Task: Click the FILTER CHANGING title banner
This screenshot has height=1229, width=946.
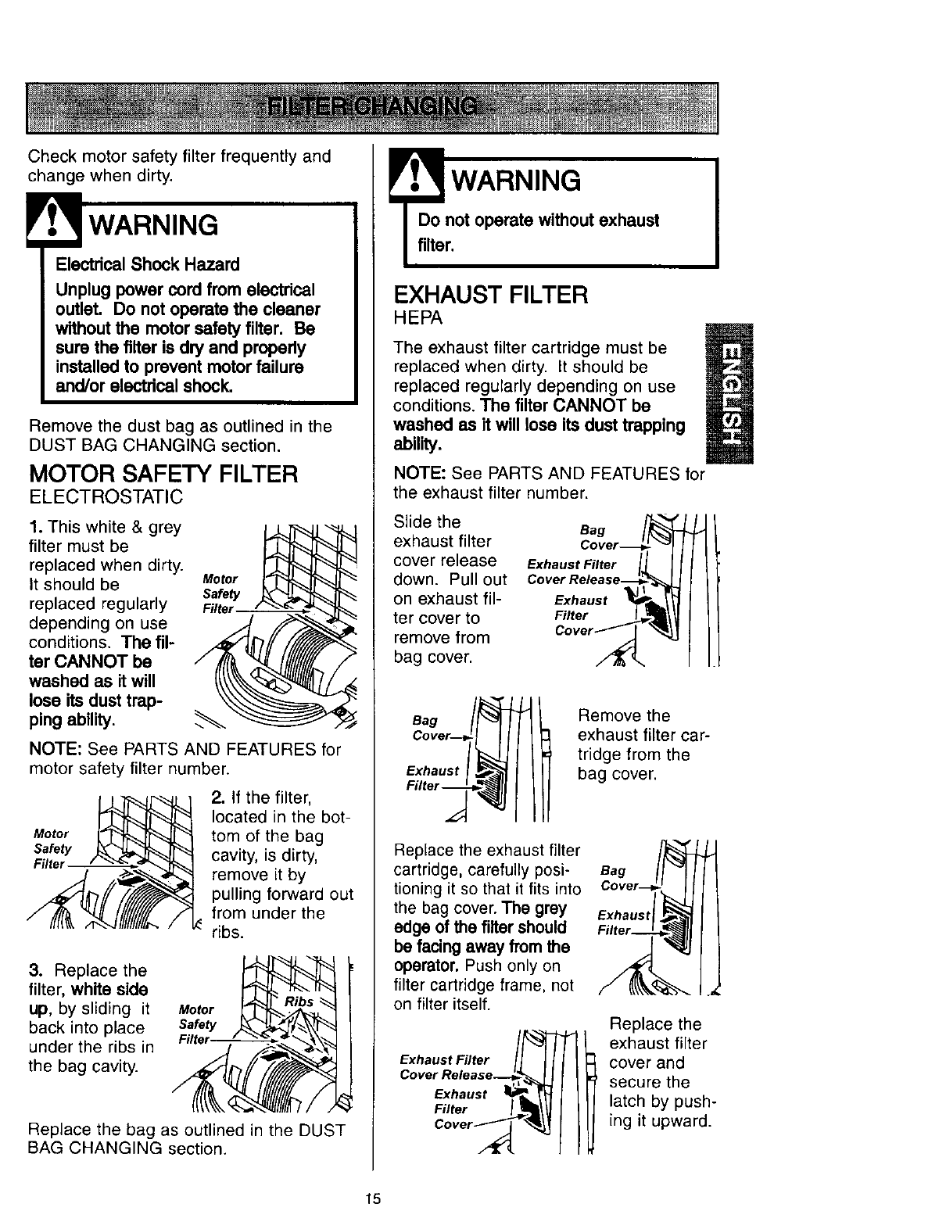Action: [372, 108]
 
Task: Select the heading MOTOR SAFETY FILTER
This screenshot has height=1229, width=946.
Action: [163, 474]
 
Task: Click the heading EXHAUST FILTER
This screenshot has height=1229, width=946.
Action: [491, 295]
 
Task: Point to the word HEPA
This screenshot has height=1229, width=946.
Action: [418, 318]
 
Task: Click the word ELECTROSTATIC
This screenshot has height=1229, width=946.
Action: [106, 496]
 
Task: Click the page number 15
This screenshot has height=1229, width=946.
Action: [372, 1199]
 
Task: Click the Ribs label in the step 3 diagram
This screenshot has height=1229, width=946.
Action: [299, 1002]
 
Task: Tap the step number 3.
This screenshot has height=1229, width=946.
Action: [34, 971]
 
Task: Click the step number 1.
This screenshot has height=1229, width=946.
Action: [34, 527]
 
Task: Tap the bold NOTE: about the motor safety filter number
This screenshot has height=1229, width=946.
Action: [55, 750]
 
